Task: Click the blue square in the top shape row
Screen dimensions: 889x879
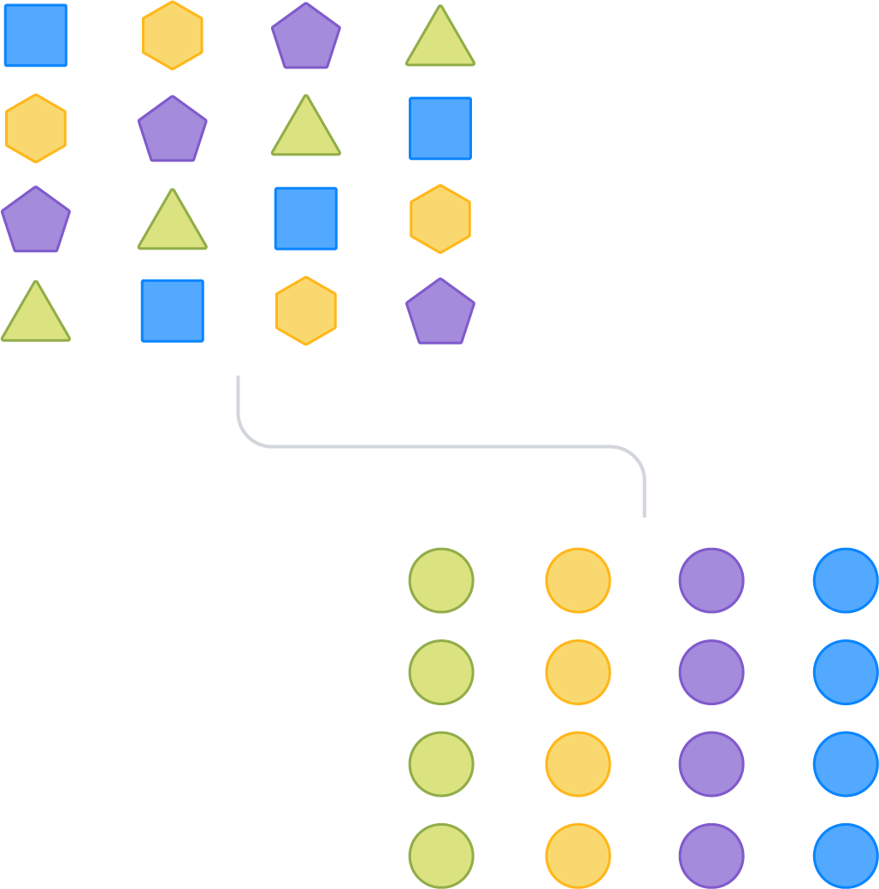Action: coord(35,35)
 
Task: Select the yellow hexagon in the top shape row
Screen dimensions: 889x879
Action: coord(173,35)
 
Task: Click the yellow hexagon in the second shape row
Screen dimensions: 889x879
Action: coord(36,128)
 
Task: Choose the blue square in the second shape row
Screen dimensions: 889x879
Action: coord(440,128)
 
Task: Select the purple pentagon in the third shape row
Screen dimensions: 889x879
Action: coord(36,221)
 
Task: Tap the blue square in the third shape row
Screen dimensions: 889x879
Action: coord(306,219)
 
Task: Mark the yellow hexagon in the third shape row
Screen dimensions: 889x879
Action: coord(440,219)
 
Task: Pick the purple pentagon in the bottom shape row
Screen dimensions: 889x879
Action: coord(440,312)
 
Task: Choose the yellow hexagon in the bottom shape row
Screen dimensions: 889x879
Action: coord(306,310)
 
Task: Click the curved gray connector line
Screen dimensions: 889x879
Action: coord(440,446)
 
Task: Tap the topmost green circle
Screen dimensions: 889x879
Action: coord(441,580)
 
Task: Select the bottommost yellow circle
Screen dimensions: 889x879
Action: coord(578,856)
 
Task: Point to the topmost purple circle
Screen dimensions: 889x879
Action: coord(711,580)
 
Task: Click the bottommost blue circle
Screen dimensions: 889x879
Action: coord(846,856)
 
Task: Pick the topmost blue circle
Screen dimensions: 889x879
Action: coord(846,580)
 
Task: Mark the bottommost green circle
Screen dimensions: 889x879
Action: coord(441,856)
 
